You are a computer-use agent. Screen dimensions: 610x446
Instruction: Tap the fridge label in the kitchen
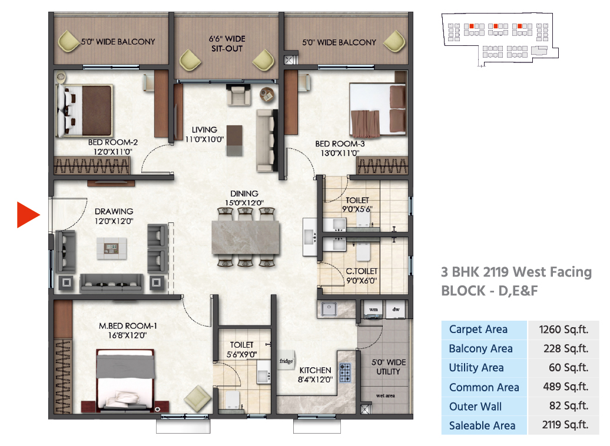[x=286, y=361]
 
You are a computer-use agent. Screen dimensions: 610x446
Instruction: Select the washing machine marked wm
[x=373, y=309]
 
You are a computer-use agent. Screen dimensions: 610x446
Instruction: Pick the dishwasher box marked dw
[x=396, y=309]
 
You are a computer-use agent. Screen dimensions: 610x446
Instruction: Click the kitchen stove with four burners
[x=345, y=372]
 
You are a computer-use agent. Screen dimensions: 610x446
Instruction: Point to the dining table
[x=246, y=237]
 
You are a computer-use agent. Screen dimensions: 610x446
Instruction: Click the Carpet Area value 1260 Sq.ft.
[x=563, y=329]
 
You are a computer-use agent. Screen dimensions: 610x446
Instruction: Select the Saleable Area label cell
[x=484, y=425]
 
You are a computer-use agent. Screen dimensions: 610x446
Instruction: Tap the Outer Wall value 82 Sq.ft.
[x=568, y=406]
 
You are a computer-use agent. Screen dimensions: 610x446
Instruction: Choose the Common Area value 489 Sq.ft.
[x=565, y=387]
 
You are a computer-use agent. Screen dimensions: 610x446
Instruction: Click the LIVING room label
[x=204, y=130]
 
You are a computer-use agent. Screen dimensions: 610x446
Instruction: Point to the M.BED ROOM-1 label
[x=128, y=326]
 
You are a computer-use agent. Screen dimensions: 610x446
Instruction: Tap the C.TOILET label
[x=362, y=271]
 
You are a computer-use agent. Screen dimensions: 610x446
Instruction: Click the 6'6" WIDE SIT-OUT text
[x=227, y=44]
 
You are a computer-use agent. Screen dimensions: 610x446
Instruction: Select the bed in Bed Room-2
[x=84, y=111]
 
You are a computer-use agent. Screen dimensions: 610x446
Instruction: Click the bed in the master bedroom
[x=125, y=380]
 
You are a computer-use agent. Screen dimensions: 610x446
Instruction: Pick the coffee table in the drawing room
[x=112, y=248]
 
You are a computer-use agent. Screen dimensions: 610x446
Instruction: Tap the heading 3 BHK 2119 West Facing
[x=516, y=272]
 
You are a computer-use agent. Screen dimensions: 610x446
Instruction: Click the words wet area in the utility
[x=385, y=395]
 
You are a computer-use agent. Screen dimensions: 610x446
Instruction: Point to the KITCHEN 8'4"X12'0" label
[x=315, y=375]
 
